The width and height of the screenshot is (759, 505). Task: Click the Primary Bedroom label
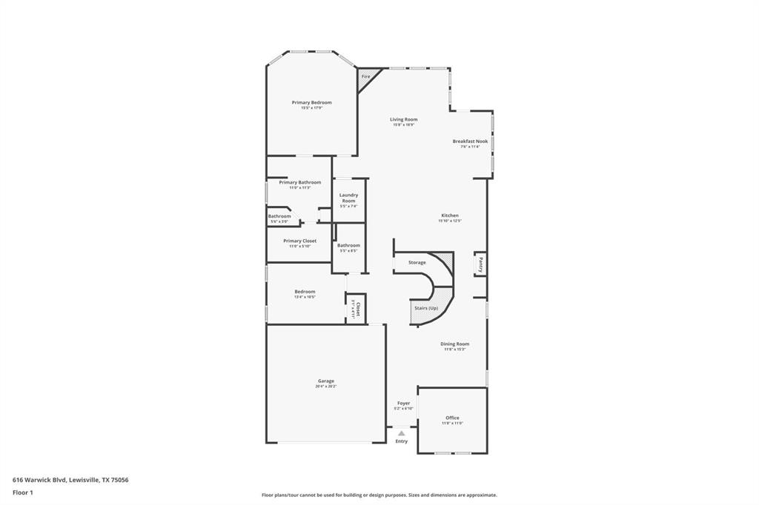point(311,102)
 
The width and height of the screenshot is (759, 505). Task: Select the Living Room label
point(404,119)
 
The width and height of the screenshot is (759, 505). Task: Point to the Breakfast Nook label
point(470,141)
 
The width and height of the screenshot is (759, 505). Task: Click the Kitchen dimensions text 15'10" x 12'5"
point(449,221)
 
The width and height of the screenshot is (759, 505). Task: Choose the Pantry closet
point(480,264)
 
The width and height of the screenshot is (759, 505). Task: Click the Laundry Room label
point(348,198)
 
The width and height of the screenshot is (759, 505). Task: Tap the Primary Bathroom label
point(300,182)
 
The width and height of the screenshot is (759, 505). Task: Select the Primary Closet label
point(299,241)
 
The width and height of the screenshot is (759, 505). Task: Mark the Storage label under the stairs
point(417,262)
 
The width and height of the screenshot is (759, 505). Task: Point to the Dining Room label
point(455,344)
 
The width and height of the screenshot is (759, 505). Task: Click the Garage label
point(326,381)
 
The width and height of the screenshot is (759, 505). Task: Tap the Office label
point(452,418)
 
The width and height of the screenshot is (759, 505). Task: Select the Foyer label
point(403,403)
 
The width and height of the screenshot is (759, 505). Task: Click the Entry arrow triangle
point(401,433)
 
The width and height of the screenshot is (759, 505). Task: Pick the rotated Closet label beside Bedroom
point(357,309)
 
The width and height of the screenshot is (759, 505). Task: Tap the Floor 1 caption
point(23,492)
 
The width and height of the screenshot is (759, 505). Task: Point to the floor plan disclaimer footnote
point(379,495)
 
